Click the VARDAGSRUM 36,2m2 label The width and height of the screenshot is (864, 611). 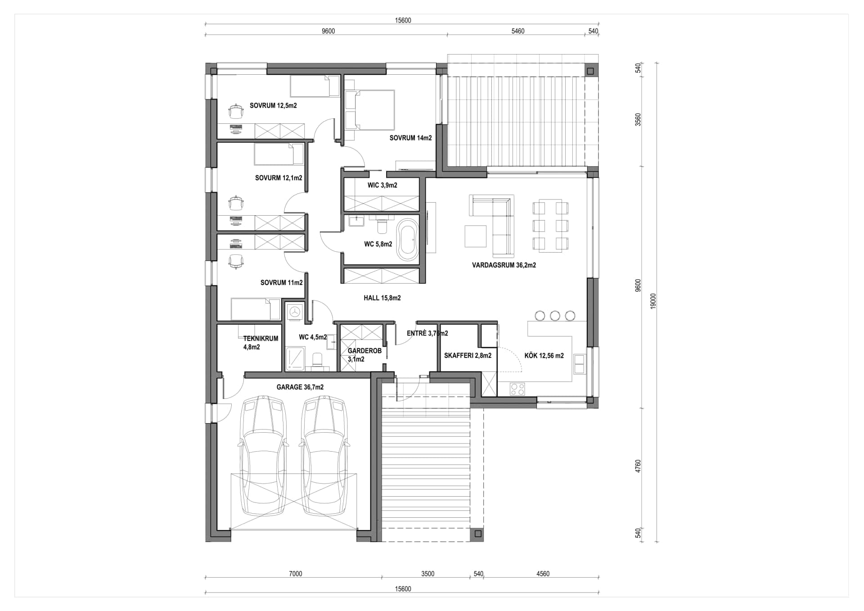click(x=504, y=265)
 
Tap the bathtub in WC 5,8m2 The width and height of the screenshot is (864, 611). click(x=408, y=240)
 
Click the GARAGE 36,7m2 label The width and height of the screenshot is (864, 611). click(x=300, y=387)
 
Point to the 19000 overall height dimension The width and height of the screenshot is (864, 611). click(x=653, y=301)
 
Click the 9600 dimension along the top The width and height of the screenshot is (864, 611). click(x=328, y=31)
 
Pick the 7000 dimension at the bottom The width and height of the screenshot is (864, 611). click(x=295, y=574)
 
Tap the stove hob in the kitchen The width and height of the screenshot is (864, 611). click(x=517, y=389)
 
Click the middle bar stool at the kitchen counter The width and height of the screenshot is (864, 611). click(x=555, y=316)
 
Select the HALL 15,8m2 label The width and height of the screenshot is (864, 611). click(x=382, y=298)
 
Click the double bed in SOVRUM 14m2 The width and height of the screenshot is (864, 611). click(x=370, y=110)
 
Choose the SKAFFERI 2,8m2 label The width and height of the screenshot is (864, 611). click(x=468, y=356)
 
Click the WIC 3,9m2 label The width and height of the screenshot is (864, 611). click(x=382, y=185)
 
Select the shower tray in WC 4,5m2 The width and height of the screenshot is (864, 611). click(x=295, y=358)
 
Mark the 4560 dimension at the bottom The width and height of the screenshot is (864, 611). click(x=543, y=574)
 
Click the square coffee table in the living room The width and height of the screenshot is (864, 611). click(x=475, y=236)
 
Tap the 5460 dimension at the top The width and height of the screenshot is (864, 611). click(x=518, y=31)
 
